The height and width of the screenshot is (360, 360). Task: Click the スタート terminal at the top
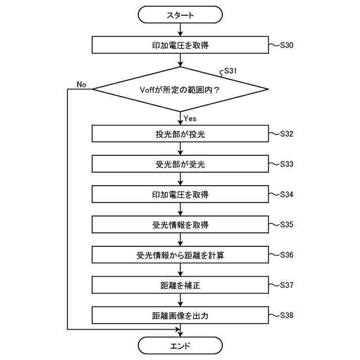(x=180, y=15)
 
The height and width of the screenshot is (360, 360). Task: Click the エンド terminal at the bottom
(x=180, y=345)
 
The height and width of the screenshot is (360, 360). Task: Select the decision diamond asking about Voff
(x=180, y=89)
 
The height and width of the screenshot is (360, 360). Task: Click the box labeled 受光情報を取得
(x=180, y=225)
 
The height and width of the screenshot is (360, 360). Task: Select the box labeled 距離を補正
(x=180, y=285)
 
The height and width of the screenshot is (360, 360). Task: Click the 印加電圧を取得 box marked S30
(x=180, y=45)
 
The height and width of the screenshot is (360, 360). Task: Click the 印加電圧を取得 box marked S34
(x=180, y=195)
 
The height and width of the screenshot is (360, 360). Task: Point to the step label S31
(x=231, y=71)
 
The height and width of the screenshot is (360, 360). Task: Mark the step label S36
(x=286, y=254)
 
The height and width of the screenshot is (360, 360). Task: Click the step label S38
(x=286, y=314)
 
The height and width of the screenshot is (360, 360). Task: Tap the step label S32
(x=286, y=134)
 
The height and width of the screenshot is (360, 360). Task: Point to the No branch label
(x=81, y=84)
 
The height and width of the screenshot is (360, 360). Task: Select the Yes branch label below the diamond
(x=190, y=118)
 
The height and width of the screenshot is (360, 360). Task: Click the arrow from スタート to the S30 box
(x=180, y=30)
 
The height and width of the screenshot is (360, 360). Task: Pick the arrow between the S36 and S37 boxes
(x=180, y=270)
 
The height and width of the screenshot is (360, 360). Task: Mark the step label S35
(x=286, y=224)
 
